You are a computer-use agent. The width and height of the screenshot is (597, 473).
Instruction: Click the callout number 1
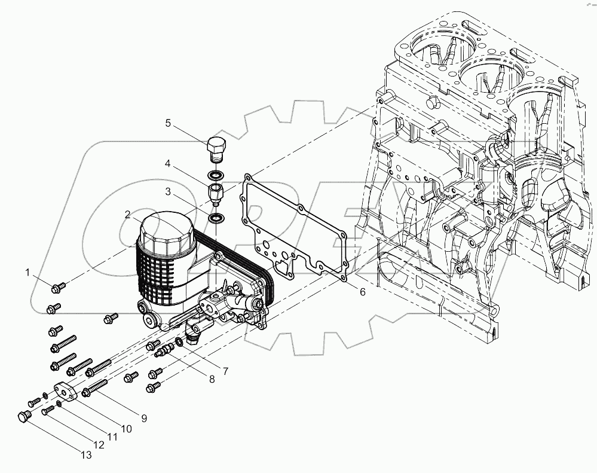27,273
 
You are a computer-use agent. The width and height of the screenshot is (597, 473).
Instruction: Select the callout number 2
128,213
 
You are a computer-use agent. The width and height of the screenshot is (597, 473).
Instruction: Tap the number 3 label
169,192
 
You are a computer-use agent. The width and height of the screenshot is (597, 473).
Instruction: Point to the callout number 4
169,163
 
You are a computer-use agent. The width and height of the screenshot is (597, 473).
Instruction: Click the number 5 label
168,123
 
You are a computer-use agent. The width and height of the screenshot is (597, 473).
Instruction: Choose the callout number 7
225,371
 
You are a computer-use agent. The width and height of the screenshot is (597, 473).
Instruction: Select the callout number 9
143,418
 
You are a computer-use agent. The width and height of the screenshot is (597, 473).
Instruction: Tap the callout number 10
126,428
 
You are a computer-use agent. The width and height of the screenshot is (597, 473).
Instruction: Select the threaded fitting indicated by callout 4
215,193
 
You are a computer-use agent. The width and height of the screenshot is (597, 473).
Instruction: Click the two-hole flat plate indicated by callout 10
65,392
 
